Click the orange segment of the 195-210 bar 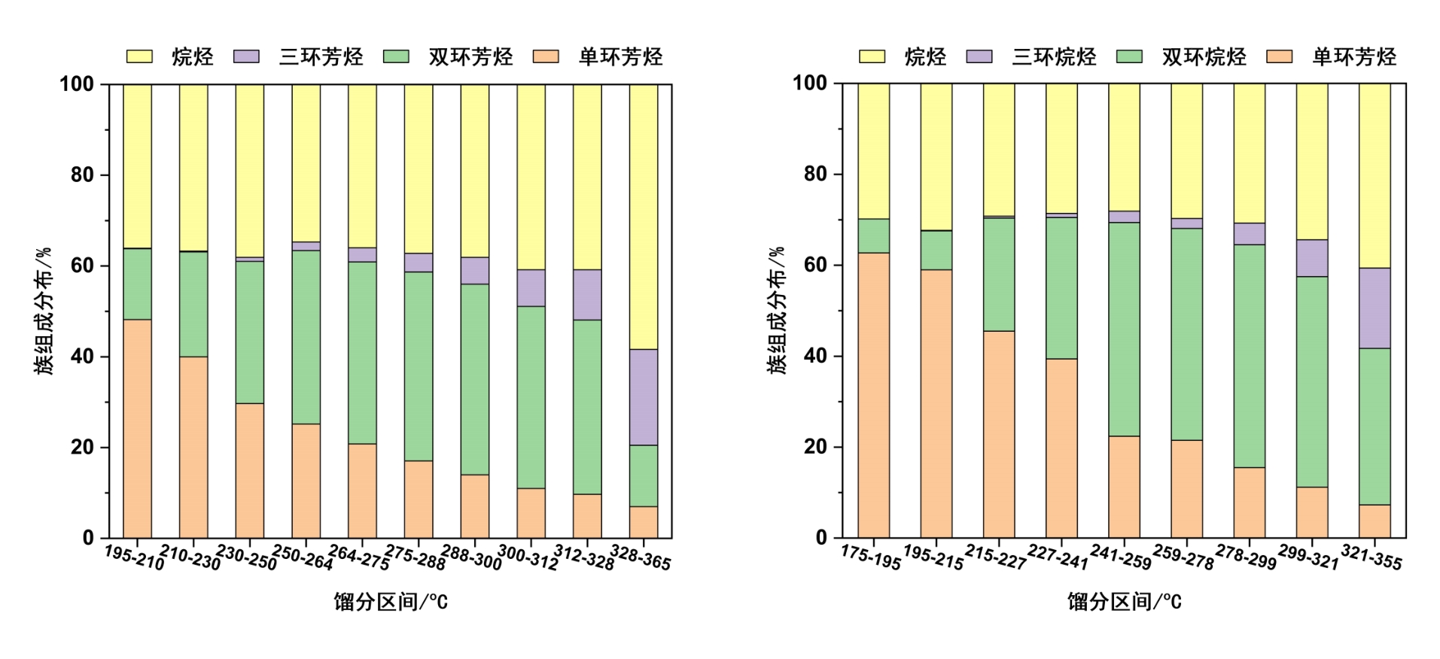[137, 429]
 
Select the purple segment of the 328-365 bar [644, 397]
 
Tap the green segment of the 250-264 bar [306, 337]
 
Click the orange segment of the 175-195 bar [873, 395]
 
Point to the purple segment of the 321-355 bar [1375, 308]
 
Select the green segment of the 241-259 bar [1124, 329]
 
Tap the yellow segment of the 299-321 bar [1312, 161]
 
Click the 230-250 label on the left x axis [246, 557]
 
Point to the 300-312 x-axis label [528, 557]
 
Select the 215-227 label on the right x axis [995, 557]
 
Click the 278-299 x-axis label [1246, 557]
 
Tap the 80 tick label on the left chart [82, 175]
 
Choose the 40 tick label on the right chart [815, 356]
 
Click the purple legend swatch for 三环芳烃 [246, 56]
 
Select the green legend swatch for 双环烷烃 [1129, 56]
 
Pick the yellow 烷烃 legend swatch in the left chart [139, 56]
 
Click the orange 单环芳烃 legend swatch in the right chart [1279, 56]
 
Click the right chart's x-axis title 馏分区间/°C [1124, 602]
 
